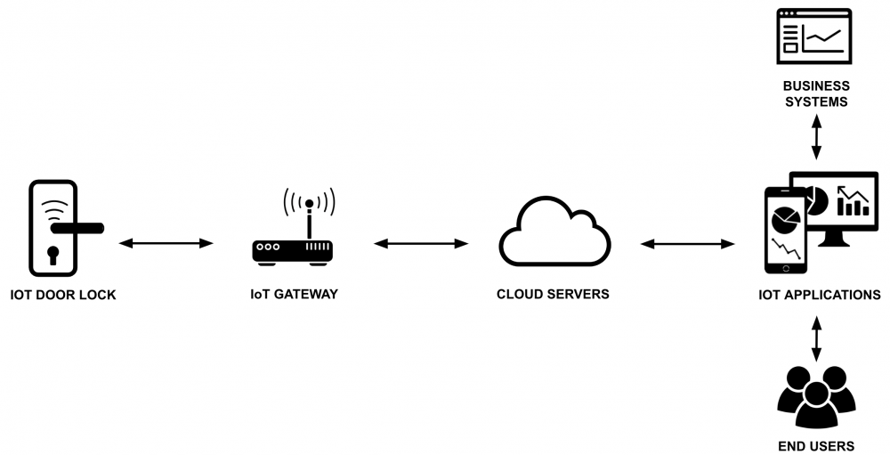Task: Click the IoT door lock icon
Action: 53,228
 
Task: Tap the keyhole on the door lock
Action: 53,256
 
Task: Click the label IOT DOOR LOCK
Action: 63,295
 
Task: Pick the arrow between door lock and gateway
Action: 166,242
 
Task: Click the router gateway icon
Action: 293,250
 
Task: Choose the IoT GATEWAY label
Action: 294,295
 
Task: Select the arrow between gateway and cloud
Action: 421,242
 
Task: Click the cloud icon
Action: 554,233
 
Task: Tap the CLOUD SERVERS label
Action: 553,295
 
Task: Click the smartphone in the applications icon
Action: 785,230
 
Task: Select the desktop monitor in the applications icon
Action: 837,205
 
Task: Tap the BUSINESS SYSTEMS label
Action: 816,93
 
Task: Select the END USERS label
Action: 816,446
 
